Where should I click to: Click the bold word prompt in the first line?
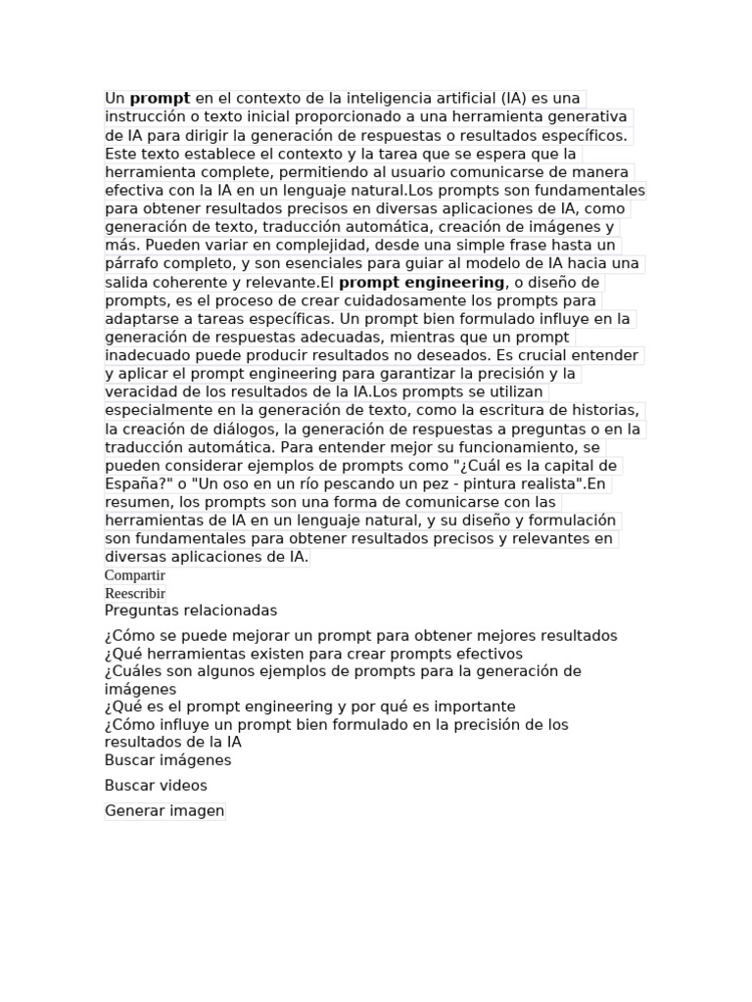point(160,99)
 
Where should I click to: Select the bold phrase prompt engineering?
point(421,283)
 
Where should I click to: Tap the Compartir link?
point(135,575)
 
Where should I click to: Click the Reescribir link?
point(135,594)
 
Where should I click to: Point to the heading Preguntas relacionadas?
point(191,611)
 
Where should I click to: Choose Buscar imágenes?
point(167,760)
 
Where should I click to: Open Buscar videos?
point(156,786)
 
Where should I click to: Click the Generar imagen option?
point(164,811)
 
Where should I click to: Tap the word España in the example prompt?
point(133,484)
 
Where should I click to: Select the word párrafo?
point(132,264)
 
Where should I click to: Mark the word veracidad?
point(140,392)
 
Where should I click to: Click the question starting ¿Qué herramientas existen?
point(313,654)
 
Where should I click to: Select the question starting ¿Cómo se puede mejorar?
point(360,636)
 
